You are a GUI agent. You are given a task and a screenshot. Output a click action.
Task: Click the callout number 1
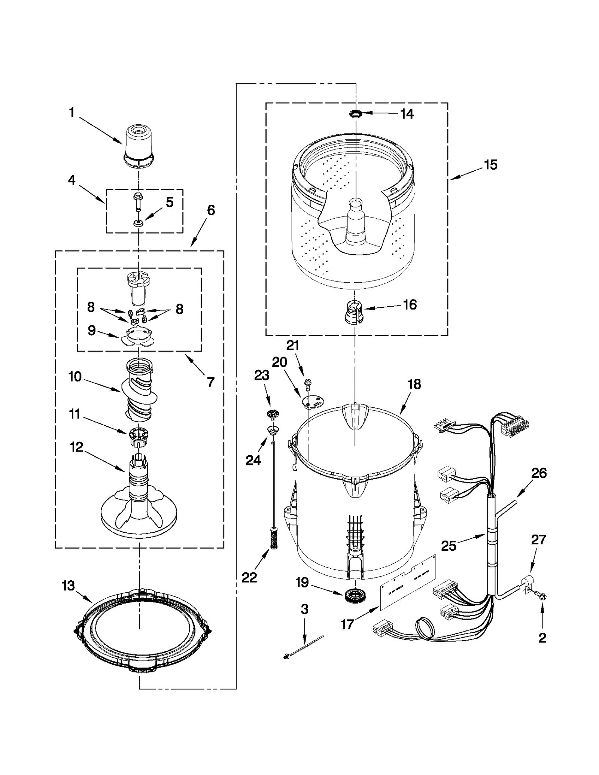72,112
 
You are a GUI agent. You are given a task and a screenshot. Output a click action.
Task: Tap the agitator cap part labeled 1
139,147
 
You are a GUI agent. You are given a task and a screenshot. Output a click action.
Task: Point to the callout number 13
68,586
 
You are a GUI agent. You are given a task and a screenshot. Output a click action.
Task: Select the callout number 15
490,165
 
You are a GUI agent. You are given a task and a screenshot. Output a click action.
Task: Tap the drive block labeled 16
353,312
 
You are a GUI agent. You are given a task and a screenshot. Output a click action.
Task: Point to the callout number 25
449,545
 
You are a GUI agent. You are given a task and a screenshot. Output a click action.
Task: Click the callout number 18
414,384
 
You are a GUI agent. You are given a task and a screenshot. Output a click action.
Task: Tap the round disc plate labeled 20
313,402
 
